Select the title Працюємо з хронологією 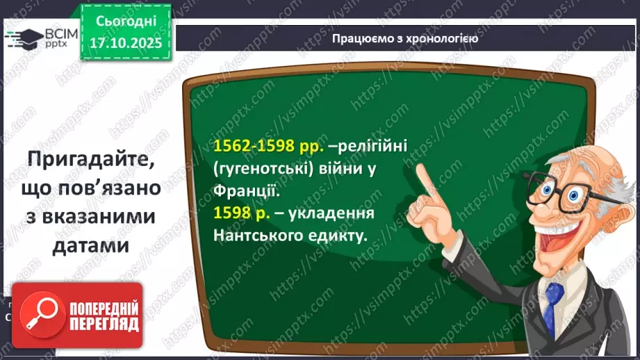click(x=404, y=38)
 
